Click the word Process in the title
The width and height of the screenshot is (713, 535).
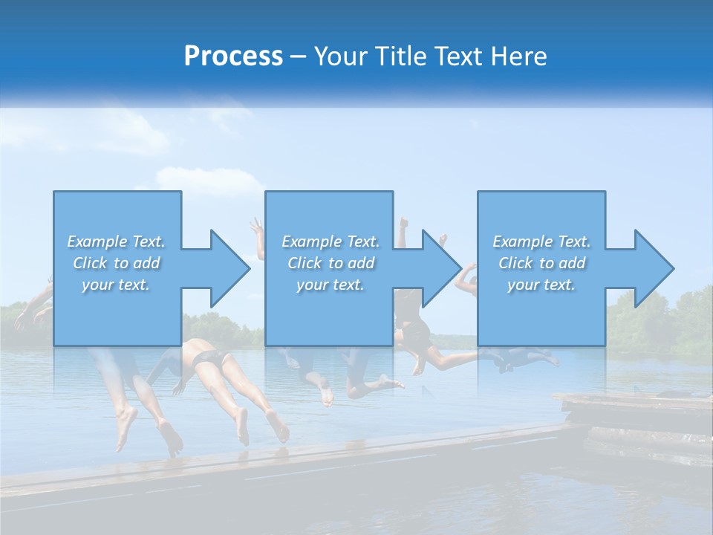click(x=233, y=56)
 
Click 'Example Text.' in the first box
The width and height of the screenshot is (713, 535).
click(x=116, y=241)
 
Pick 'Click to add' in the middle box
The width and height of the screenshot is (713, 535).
click(x=331, y=263)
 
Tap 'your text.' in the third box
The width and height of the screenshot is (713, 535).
click(x=541, y=285)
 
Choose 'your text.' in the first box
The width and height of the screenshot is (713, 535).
click(x=116, y=285)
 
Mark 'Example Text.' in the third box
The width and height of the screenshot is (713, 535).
click(x=541, y=241)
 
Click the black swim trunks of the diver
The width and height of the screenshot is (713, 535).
click(x=210, y=359)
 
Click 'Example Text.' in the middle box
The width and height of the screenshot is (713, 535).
click(x=331, y=241)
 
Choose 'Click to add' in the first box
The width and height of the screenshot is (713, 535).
click(x=116, y=263)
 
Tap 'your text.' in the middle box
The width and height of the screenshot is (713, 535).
click(x=331, y=285)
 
